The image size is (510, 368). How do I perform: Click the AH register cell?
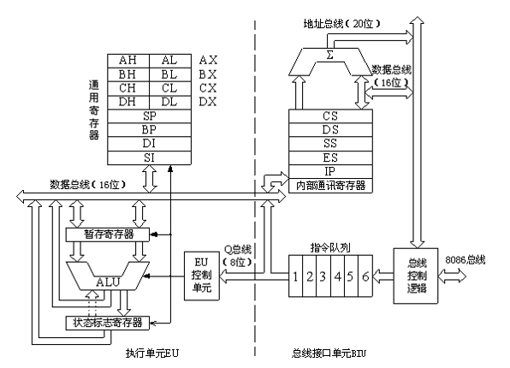click(127, 60)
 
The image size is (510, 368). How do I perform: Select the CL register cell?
click(170, 86)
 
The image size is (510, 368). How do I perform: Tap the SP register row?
click(149, 114)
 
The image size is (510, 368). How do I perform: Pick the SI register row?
click(149, 157)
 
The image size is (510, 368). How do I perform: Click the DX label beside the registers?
click(208, 100)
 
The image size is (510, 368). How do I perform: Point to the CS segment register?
click(330, 116)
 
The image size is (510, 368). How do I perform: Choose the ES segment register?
click(330, 157)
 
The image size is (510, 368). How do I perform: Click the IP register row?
click(330, 170)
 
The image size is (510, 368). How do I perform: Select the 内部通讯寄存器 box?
click(330, 185)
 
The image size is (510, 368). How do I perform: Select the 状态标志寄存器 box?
click(107, 323)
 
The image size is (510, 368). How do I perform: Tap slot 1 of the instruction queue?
click(294, 277)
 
